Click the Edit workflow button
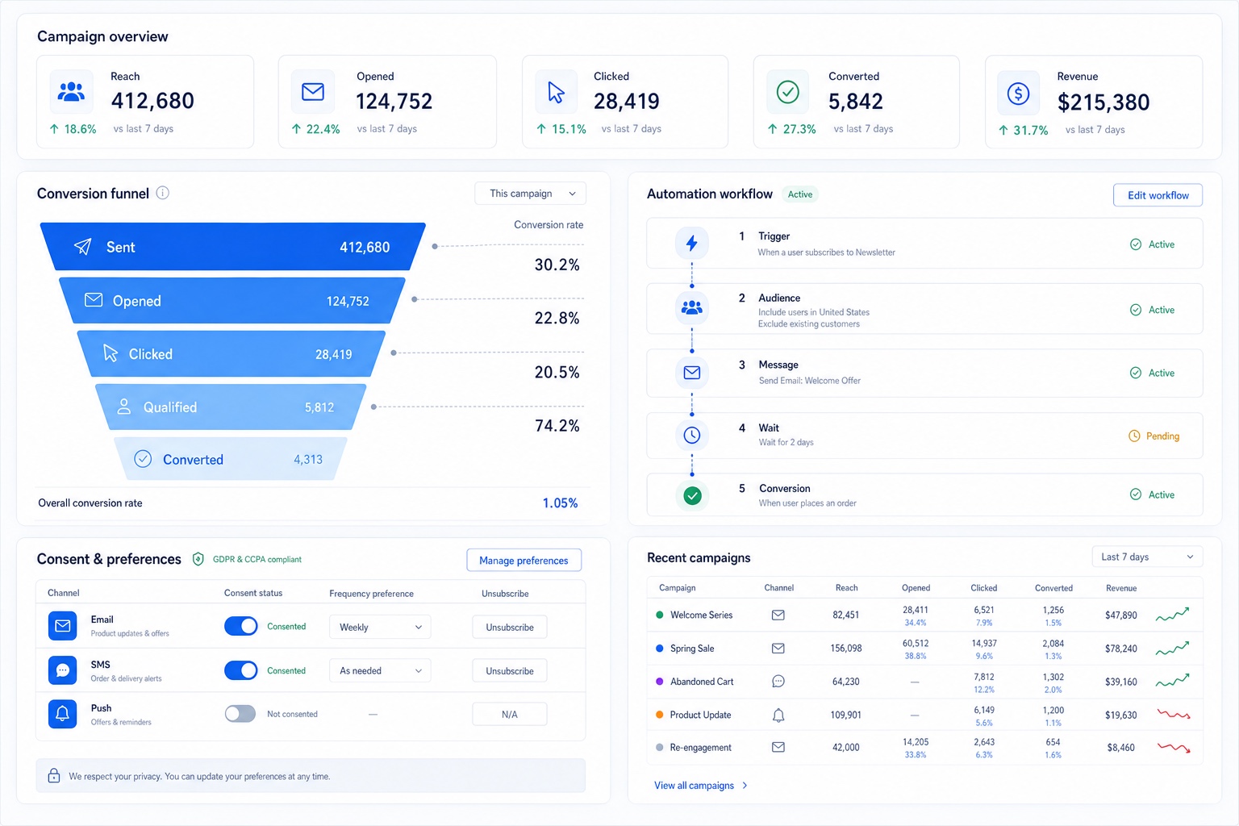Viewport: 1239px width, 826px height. [x=1158, y=195]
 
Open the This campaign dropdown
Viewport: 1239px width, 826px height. [x=531, y=194]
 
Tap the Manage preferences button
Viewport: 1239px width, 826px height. [x=524, y=561]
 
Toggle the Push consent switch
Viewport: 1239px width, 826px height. [x=240, y=714]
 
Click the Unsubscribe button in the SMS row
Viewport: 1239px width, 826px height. [x=510, y=670]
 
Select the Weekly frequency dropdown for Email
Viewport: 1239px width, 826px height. [x=380, y=627]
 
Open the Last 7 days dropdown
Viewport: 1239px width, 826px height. [x=1147, y=557]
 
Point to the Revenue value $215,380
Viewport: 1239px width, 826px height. [x=1103, y=102]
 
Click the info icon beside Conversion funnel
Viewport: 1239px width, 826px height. [x=163, y=193]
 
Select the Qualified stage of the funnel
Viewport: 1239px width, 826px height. [x=231, y=407]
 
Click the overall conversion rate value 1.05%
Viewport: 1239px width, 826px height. [x=560, y=503]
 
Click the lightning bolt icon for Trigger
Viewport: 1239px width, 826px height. [x=691, y=243]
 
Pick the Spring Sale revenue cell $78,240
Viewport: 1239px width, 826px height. [x=1120, y=649]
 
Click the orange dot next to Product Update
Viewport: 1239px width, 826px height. [x=659, y=714]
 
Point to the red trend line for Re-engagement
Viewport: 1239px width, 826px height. [x=1174, y=748]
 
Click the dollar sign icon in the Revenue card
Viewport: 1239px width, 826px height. [x=1018, y=94]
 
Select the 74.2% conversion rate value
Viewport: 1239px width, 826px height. [x=557, y=425]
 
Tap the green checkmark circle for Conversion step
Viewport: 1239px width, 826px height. [x=692, y=495]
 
